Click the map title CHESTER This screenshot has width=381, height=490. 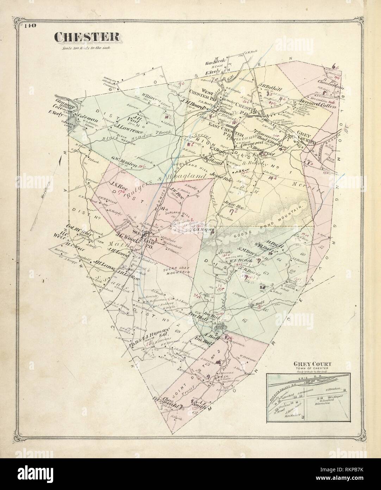click(x=87, y=37)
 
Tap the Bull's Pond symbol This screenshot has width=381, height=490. click(x=221, y=328)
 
